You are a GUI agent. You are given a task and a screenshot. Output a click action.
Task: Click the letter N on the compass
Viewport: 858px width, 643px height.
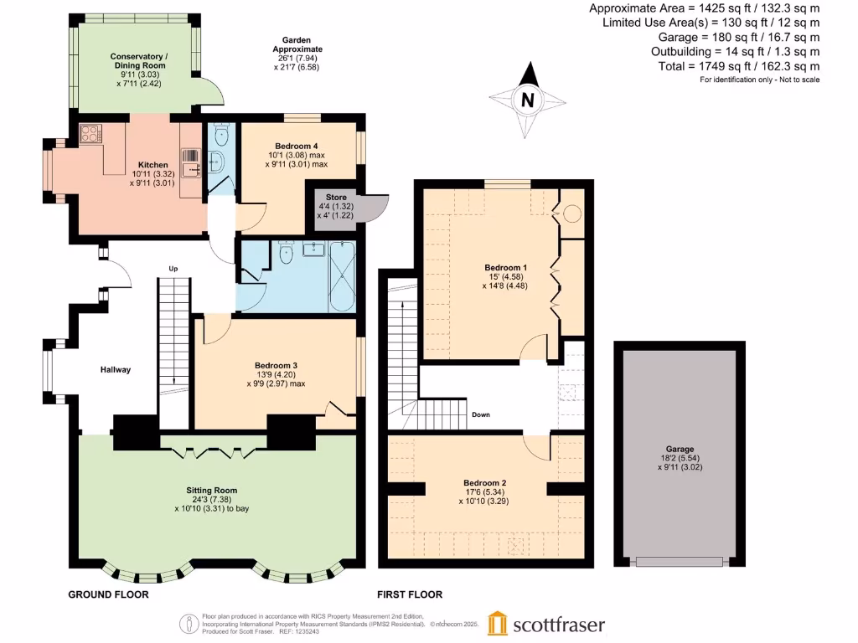pyautogui.click(x=527, y=100)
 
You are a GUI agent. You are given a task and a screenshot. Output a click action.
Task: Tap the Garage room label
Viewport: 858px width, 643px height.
pyautogui.click(x=680, y=449)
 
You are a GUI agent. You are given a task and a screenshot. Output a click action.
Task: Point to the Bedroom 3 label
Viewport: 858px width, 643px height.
pyautogui.click(x=277, y=365)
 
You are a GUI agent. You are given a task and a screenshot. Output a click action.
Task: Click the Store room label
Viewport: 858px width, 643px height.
pyautogui.click(x=324, y=198)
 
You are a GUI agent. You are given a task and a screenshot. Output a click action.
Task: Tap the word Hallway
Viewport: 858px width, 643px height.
pyautogui.click(x=116, y=369)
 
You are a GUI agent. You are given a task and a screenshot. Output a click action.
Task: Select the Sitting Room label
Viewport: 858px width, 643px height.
pyautogui.click(x=211, y=490)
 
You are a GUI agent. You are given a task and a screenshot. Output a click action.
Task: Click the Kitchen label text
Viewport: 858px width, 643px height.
pyautogui.click(x=153, y=165)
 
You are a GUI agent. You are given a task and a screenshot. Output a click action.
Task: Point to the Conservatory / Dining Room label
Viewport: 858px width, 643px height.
pyautogui.click(x=138, y=61)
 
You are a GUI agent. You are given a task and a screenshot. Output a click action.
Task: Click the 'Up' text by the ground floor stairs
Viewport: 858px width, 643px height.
pyautogui.click(x=173, y=269)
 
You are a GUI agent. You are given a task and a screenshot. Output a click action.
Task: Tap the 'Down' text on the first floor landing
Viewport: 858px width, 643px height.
pyautogui.click(x=481, y=414)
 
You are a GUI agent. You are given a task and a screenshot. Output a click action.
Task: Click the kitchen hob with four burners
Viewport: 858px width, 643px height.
pyautogui.click(x=90, y=134)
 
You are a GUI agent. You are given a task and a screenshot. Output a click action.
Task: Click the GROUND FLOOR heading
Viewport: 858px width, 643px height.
pyautogui.click(x=108, y=594)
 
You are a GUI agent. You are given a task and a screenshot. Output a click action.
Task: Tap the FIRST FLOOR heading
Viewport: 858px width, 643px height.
pyautogui.click(x=411, y=594)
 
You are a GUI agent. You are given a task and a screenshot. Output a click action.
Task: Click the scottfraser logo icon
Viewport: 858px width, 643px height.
pyautogui.click(x=498, y=623)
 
